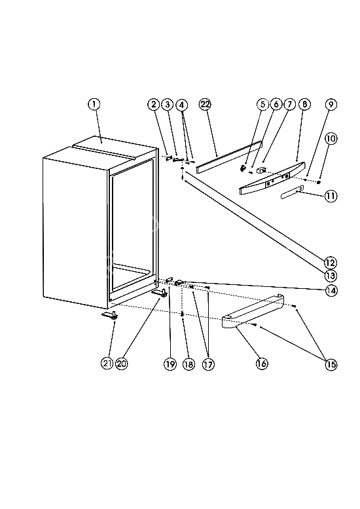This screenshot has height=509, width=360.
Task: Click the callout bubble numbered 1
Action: click(x=94, y=104)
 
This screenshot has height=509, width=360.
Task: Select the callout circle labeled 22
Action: click(x=205, y=104)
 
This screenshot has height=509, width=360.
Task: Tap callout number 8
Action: click(x=304, y=104)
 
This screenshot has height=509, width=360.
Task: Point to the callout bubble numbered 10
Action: click(x=331, y=139)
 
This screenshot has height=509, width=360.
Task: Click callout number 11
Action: click(x=331, y=196)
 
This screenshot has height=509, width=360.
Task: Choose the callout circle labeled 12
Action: click(x=331, y=262)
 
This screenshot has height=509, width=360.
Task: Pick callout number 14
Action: click(x=331, y=291)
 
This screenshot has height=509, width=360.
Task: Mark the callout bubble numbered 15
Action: click(x=331, y=364)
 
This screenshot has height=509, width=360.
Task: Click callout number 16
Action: click(x=262, y=364)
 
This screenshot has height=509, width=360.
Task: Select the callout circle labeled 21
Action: click(x=107, y=364)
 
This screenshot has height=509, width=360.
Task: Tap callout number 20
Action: click(x=122, y=364)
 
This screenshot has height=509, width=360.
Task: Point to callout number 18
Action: click(x=189, y=364)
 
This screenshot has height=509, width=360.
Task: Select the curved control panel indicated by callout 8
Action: click(x=272, y=178)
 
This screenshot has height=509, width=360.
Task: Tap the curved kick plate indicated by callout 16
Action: click(x=253, y=312)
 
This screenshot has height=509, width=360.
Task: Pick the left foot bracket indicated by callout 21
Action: click(x=110, y=315)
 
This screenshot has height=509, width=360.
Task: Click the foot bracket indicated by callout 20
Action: click(x=160, y=293)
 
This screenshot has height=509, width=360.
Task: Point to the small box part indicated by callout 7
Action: click(x=261, y=170)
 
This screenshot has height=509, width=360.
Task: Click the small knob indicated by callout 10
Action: click(x=319, y=182)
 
